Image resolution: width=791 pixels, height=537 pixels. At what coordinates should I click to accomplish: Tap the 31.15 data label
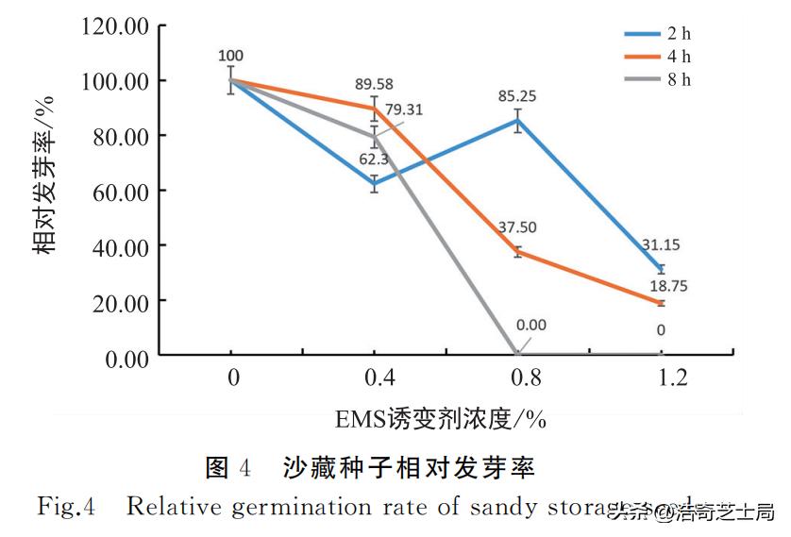(x=661, y=244)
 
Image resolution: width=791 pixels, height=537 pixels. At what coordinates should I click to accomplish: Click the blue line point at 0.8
(x=517, y=120)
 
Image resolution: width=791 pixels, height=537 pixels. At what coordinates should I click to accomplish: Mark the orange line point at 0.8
(x=517, y=251)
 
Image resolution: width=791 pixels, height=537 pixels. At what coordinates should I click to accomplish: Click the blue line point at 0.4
(x=375, y=183)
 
